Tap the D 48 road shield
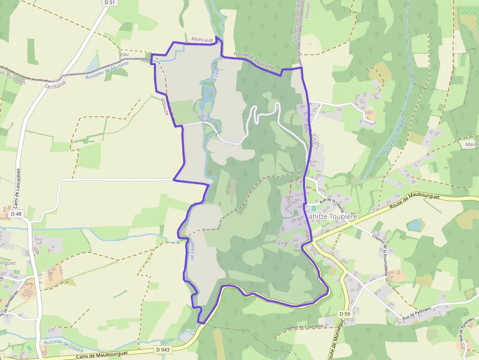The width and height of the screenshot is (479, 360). point(16,214)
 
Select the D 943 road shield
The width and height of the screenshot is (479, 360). point(162,349)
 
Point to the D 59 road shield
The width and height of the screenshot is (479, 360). point(344,313)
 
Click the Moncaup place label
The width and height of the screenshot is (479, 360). point(202,39)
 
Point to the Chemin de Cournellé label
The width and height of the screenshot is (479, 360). point(304,327)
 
